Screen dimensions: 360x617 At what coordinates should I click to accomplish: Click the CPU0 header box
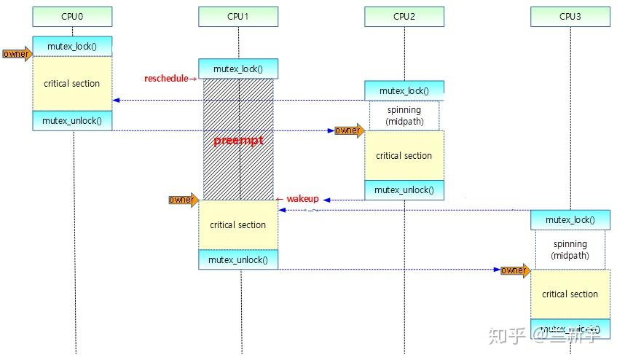click(x=72, y=16)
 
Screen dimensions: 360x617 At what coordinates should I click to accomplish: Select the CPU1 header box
click(x=238, y=16)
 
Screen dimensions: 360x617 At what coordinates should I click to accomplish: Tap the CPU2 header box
click(x=404, y=16)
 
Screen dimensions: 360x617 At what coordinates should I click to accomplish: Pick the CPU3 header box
click(x=570, y=16)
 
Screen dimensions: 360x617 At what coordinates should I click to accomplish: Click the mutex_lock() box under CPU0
click(x=72, y=46)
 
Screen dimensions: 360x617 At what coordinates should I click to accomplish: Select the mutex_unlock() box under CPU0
click(x=72, y=121)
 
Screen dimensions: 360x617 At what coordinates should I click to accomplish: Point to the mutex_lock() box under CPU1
click(x=238, y=69)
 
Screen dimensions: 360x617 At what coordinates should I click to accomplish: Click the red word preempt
click(x=237, y=141)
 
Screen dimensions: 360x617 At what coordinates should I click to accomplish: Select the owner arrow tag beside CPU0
click(x=17, y=54)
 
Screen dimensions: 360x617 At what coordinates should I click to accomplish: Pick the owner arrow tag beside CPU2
click(x=349, y=130)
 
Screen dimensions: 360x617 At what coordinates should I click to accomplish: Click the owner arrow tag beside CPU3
click(x=514, y=270)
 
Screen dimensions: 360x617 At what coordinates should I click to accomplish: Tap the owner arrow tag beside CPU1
click(x=183, y=200)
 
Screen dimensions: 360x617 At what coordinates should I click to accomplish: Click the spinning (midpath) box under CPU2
click(x=404, y=115)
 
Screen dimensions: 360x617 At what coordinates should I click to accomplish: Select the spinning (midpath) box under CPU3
click(x=570, y=249)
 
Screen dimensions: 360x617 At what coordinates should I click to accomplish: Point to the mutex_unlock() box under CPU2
click(x=404, y=189)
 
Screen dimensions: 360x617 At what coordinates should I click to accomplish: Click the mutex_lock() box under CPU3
click(x=570, y=219)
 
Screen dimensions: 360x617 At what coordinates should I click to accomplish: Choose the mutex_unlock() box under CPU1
click(x=238, y=259)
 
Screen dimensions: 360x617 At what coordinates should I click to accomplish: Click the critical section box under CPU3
click(x=570, y=294)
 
